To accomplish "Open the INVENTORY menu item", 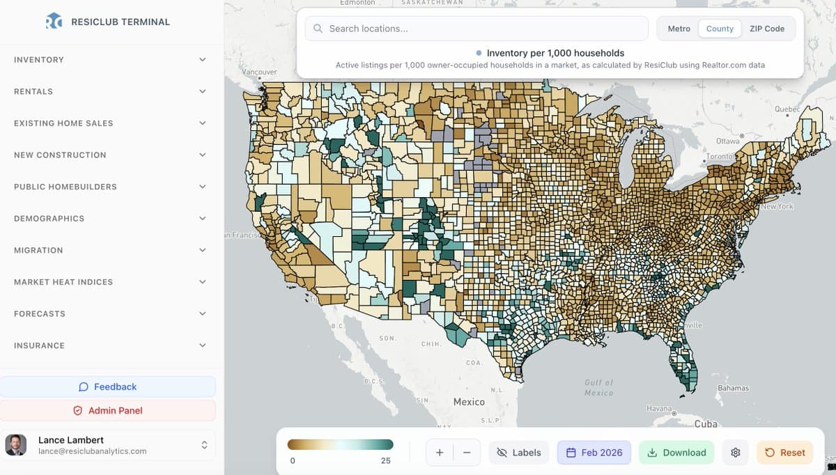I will pyautogui.click(x=39, y=60).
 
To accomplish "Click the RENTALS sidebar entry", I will pyautogui.click(x=33, y=91).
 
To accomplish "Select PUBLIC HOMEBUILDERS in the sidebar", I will pyautogui.click(x=65, y=187).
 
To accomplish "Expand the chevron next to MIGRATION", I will pyautogui.click(x=203, y=250).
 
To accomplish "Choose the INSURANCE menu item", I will pyautogui.click(x=39, y=345).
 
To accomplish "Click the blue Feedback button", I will pyautogui.click(x=108, y=387).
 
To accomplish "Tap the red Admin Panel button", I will pyautogui.click(x=108, y=410).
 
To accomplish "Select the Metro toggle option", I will pyautogui.click(x=679, y=29).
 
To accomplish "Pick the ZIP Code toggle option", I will pyautogui.click(x=767, y=29).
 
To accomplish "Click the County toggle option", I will pyautogui.click(x=720, y=29).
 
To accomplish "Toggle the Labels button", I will pyautogui.click(x=519, y=453).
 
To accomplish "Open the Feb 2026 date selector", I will pyautogui.click(x=594, y=453).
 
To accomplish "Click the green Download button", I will pyautogui.click(x=676, y=453).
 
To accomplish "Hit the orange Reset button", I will pyautogui.click(x=785, y=453).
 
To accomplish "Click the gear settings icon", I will pyautogui.click(x=735, y=453).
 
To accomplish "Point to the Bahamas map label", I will pyautogui.click(x=733, y=388).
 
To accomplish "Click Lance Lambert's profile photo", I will pyautogui.click(x=16, y=445).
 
